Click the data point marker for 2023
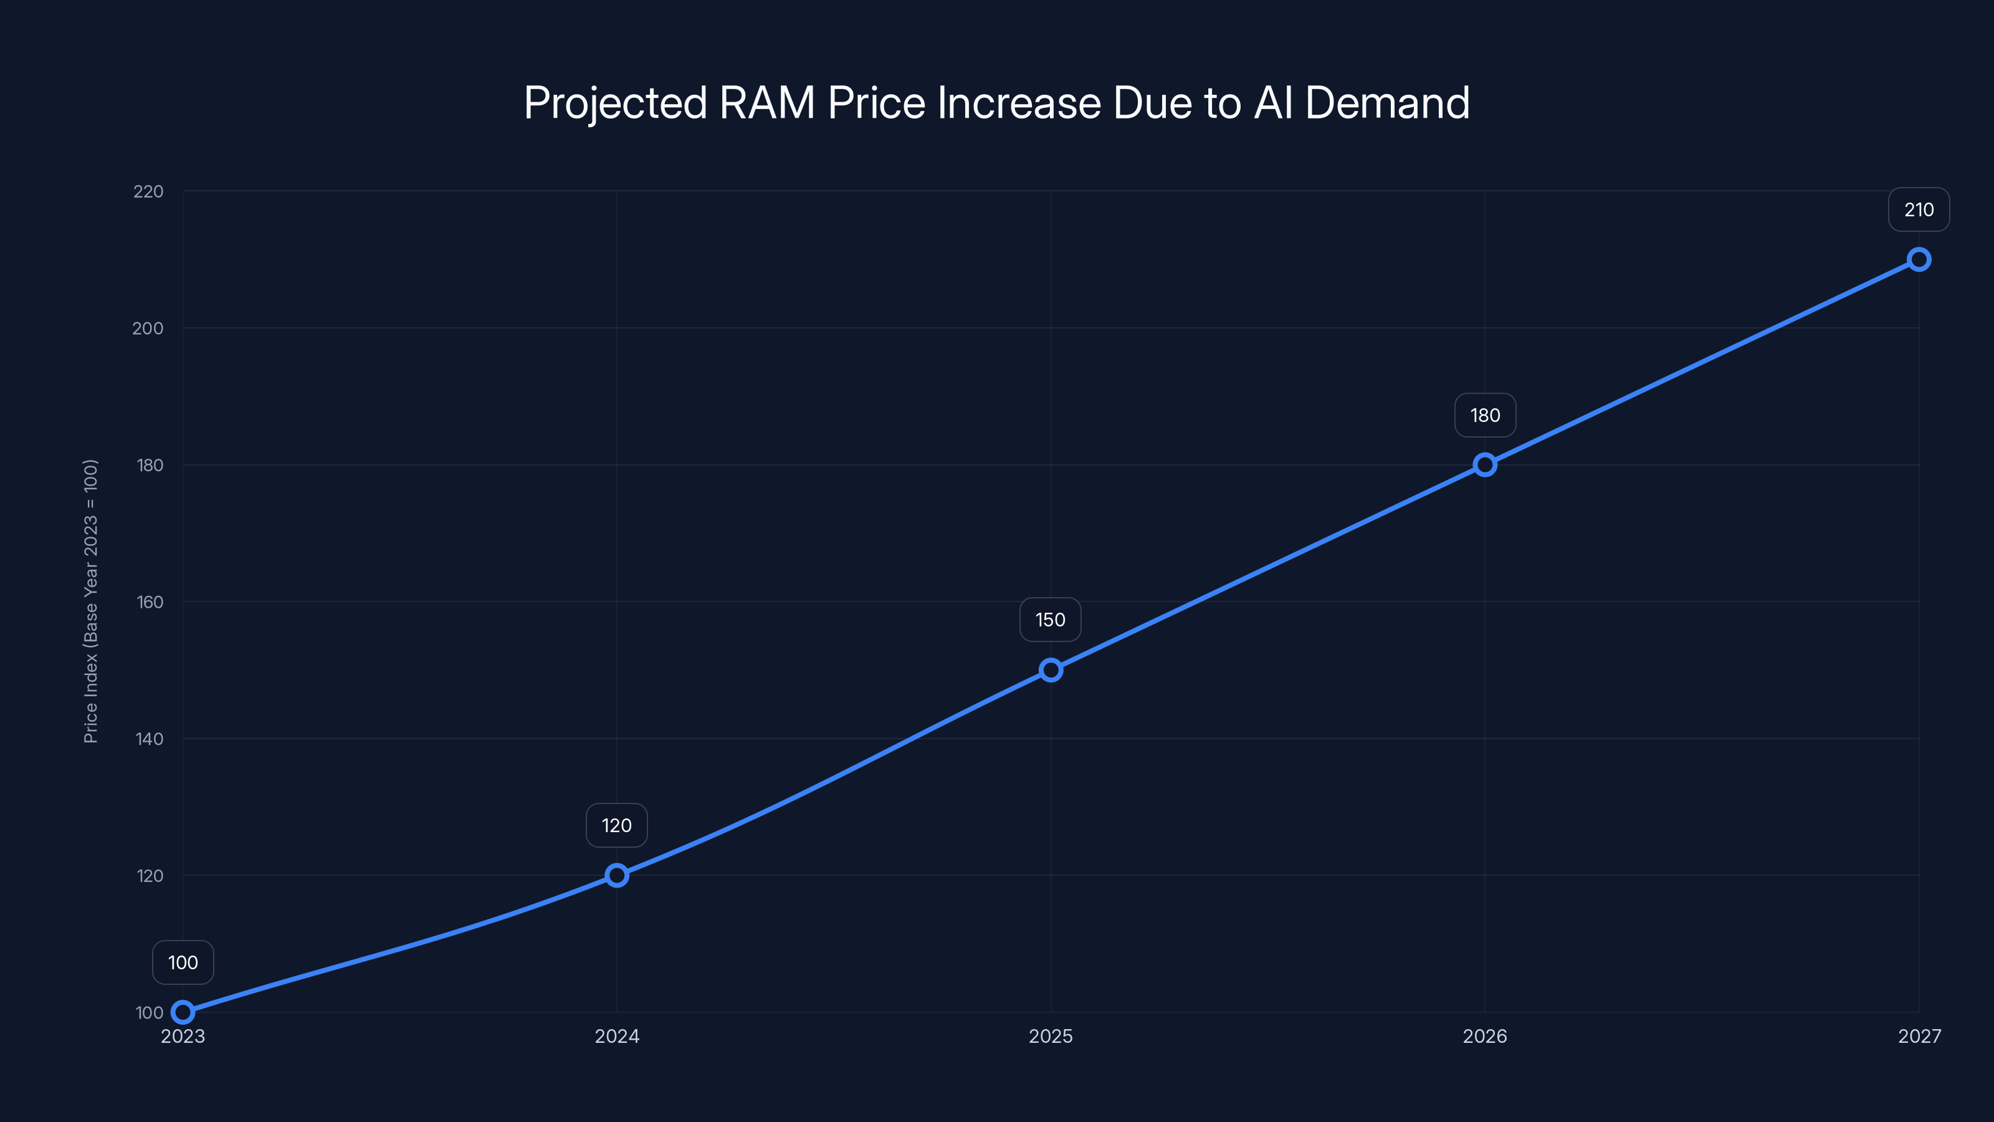pos(183,1012)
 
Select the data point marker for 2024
pos(617,876)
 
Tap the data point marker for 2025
pos(1051,670)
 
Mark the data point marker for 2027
pos(1918,259)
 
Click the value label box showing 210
pos(1918,210)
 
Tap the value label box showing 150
pos(1051,620)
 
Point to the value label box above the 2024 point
pos(617,825)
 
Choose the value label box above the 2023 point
pos(183,962)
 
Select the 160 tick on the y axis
pos(150,602)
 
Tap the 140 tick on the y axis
pos(150,739)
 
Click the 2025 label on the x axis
pos(1051,1036)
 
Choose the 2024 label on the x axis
pos(617,1036)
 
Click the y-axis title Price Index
pos(90,601)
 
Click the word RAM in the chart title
pos(766,103)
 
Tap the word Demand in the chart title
pos(1387,103)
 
